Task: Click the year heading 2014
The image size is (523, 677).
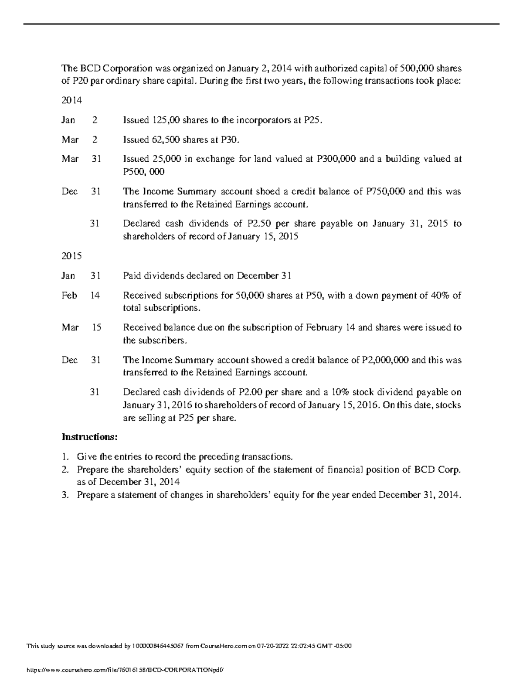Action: tap(71, 100)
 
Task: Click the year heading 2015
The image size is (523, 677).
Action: tap(71, 256)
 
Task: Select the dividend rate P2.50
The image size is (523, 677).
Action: tap(255, 224)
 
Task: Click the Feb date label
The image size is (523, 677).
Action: tap(69, 295)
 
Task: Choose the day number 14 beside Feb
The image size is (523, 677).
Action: tap(95, 295)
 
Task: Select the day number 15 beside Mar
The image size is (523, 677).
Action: tap(96, 327)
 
